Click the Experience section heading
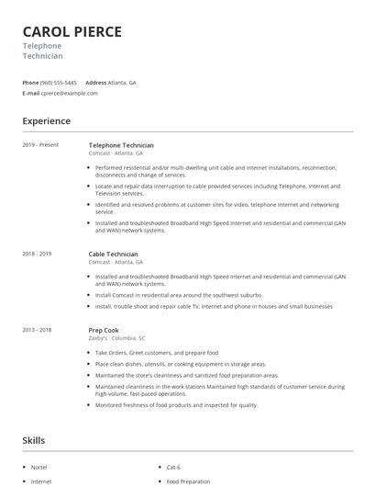(47, 120)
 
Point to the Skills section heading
(34, 440)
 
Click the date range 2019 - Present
(40, 145)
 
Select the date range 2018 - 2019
(38, 254)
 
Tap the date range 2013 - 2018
(38, 328)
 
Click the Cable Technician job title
(113, 254)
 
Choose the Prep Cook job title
(104, 328)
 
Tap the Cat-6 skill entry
(172, 466)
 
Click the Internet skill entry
(41, 481)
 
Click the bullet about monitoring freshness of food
(177, 404)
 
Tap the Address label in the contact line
(95, 82)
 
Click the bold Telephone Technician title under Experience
(121, 145)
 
